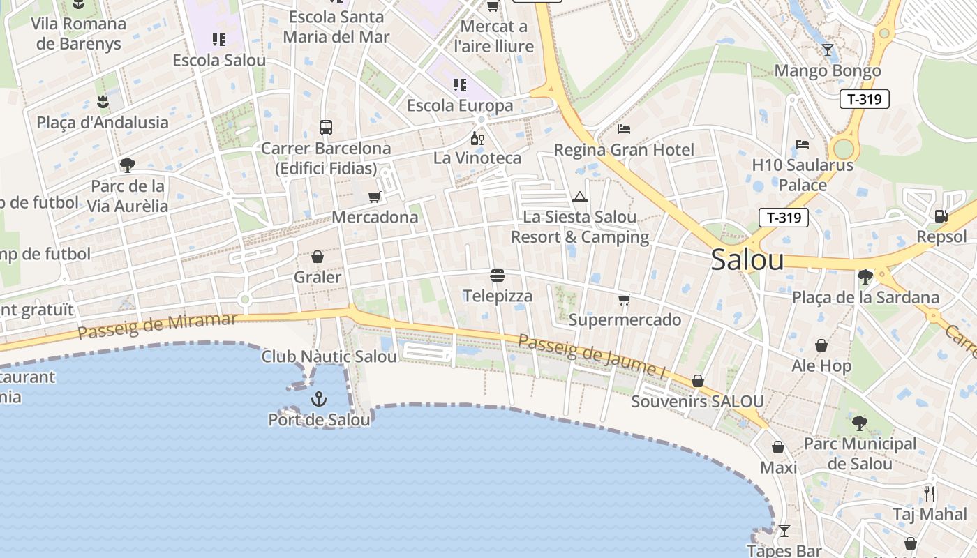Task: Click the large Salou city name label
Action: [747, 260]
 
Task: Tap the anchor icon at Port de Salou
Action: [319, 399]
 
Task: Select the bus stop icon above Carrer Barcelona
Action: [326, 127]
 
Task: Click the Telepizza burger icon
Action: [498, 276]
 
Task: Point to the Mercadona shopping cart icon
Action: [374, 197]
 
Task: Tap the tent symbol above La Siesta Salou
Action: [579, 197]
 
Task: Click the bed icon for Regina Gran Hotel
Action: [624, 129]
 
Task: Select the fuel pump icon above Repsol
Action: [941, 216]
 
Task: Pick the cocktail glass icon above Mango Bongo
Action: [828, 50]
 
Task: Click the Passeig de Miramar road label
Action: [157, 325]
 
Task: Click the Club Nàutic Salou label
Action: [329, 356]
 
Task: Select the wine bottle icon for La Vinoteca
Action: [477, 138]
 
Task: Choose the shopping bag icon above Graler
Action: [318, 257]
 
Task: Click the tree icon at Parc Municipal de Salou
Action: [859, 423]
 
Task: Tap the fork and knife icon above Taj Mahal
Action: [930, 494]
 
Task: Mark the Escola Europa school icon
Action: [459, 85]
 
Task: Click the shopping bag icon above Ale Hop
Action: [821, 345]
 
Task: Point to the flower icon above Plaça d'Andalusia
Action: [103, 102]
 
